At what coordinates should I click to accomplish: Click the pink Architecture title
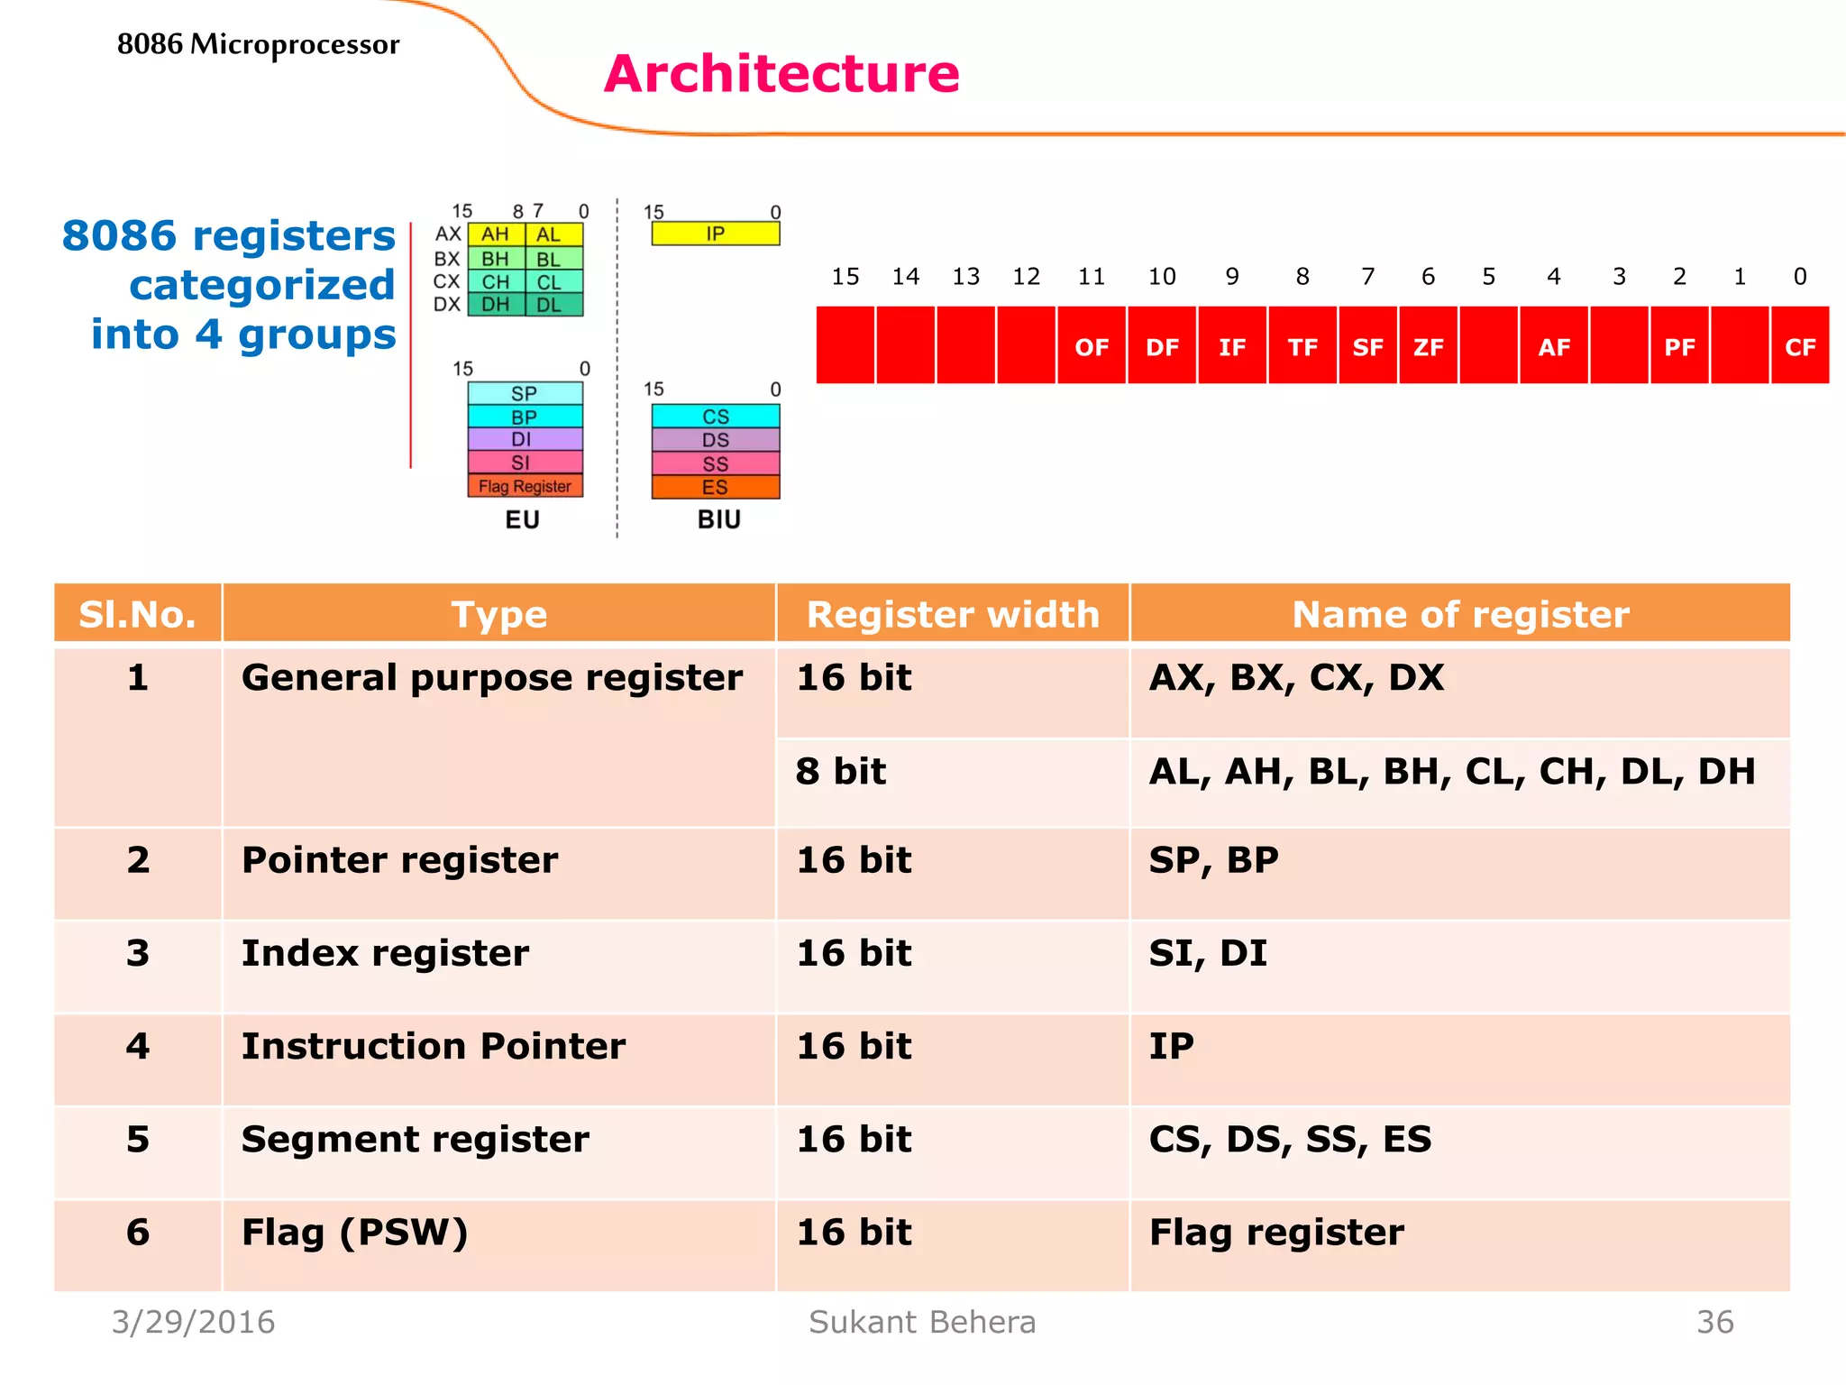(x=781, y=74)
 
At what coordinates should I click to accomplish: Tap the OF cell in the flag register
(x=1092, y=346)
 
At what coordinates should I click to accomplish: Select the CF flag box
(x=1800, y=346)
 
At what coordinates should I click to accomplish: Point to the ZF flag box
(x=1428, y=346)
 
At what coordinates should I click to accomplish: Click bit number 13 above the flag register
(x=965, y=277)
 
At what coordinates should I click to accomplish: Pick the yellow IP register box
(x=716, y=234)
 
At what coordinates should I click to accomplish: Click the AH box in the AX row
(x=496, y=234)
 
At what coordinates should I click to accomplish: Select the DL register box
(x=549, y=305)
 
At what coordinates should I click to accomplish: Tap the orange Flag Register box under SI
(x=525, y=486)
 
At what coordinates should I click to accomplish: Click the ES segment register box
(x=716, y=488)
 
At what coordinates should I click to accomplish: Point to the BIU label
(x=718, y=519)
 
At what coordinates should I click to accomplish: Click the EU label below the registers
(x=522, y=519)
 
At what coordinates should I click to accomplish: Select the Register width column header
(x=953, y=614)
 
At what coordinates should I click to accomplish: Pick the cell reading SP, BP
(x=1213, y=860)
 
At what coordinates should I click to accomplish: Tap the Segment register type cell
(x=416, y=1140)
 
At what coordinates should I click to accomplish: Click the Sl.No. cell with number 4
(x=138, y=1047)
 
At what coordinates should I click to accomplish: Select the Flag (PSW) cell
(x=355, y=1233)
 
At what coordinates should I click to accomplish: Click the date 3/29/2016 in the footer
(x=193, y=1322)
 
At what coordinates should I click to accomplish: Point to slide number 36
(x=1714, y=1322)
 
